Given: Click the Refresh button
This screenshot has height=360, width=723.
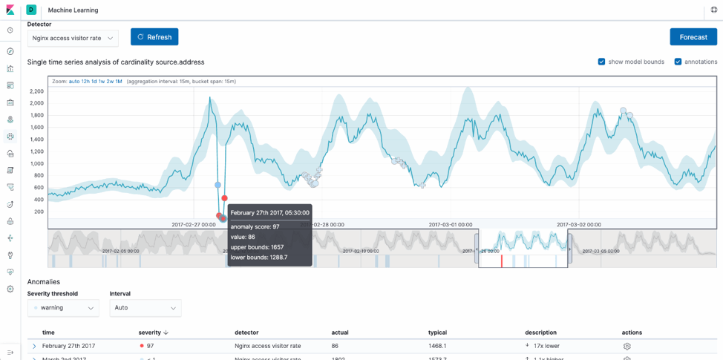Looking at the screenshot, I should pos(154,37).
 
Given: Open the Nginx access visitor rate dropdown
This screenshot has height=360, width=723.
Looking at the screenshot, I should pos(73,38).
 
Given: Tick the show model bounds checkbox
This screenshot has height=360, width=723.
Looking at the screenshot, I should pos(601,62).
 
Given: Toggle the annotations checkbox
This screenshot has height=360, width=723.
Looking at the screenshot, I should pos(678,62).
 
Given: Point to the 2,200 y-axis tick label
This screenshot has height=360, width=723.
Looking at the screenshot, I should pos(36,91).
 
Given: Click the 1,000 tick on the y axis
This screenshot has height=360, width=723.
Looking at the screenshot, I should pos(36,163).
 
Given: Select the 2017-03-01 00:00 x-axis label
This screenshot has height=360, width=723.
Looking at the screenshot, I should pos(450,224).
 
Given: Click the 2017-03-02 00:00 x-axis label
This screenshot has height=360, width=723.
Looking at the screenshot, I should pos(578,224).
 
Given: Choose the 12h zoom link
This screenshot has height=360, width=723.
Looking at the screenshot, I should pos(85,82).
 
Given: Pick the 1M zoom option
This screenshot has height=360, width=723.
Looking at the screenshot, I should pos(119,82).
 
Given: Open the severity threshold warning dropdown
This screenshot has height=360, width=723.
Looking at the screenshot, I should pos(63,308).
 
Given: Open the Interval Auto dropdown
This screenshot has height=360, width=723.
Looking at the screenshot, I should pos(145,308).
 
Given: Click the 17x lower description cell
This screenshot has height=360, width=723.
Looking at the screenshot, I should pos(546,346).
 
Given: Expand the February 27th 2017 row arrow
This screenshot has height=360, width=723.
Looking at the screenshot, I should pos(34,346).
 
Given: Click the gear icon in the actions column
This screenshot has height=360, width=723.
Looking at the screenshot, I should pos(627,346).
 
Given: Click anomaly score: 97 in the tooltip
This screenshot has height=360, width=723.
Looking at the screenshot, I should pos(255,226).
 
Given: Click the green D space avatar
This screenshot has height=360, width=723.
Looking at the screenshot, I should pos(31,10).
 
